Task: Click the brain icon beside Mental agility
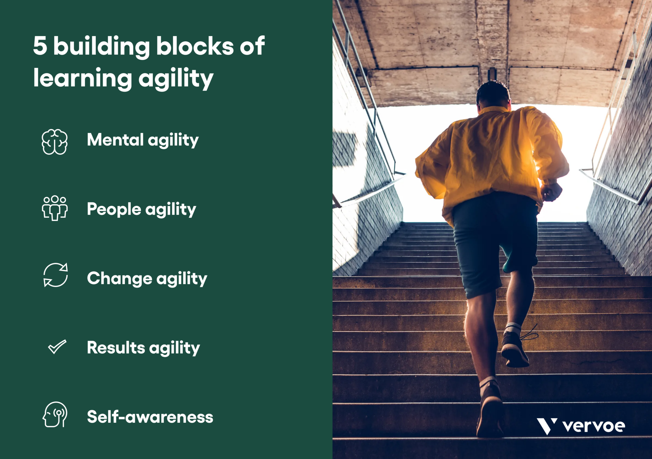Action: click(x=55, y=142)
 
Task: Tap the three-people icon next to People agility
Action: click(x=55, y=208)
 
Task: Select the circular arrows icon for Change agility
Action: click(x=56, y=275)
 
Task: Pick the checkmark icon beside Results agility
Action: click(x=57, y=347)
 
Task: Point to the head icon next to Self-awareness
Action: click(x=55, y=414)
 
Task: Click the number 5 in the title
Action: click(x=40, y=46)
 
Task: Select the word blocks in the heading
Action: click(x=195, y=46)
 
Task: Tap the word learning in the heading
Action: click(x=82, y=78)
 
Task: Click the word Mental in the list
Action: click(x=115, y=140)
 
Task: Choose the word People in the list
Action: click(x=114, y=209)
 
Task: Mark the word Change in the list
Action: click(x=119, y=278)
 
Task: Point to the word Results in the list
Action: click(x=116, y=348)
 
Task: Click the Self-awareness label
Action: click(x=150, y=417)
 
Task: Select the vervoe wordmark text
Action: click(x=594, y=426)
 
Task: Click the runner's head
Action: click(x=493, y=94)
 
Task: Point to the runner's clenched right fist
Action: click(x=551, y=192)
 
